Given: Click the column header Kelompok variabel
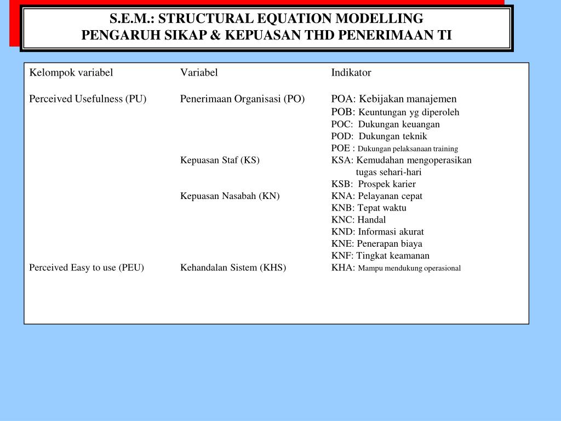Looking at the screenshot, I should click(71, 72).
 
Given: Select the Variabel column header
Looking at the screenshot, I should click(199, 72).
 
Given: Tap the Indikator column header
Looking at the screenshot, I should click(351, 72).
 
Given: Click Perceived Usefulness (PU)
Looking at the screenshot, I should click(88, 99).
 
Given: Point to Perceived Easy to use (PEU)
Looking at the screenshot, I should click(87, 268).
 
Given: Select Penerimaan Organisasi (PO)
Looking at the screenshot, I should click(242, 99).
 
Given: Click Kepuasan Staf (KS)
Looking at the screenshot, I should click(220, 160).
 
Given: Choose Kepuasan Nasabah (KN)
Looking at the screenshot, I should click(230, 196).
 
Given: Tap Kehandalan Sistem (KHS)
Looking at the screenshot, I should click(233, 268).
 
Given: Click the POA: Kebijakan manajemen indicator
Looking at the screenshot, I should click(394, 99).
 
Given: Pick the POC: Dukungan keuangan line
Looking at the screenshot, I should click(386, 124).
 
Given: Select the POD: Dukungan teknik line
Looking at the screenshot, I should click(379, 136).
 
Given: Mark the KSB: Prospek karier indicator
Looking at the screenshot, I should click(374, 184).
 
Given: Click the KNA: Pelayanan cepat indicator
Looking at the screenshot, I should click(377, 196).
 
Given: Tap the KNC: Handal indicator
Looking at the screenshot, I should click(358, 220).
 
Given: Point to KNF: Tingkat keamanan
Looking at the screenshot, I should click(380, 255).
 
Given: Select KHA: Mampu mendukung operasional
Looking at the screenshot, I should click(396, 268).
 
